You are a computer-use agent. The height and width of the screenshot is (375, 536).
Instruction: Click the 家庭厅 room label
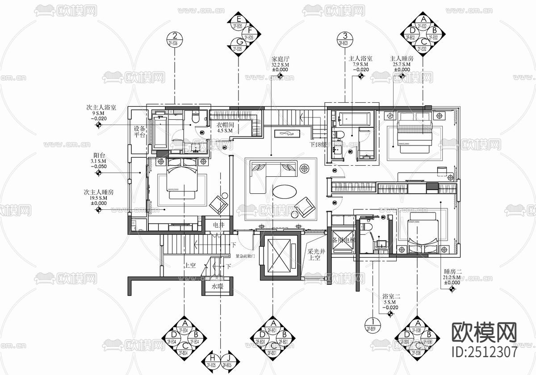pos(281,58)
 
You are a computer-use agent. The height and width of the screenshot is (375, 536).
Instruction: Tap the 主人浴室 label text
pos(360,58)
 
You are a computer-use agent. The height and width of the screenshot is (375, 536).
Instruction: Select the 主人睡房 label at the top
pos(402,58)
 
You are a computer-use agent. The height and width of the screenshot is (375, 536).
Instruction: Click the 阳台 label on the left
pos(99,155)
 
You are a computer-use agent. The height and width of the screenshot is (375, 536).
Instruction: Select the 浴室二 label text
pos(391,296)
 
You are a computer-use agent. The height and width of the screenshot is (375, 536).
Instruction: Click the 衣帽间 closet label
pos(226,125)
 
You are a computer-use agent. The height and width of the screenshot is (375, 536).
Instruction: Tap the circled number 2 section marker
pos(174,37)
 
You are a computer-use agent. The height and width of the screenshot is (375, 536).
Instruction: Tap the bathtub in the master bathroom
pos(354,119)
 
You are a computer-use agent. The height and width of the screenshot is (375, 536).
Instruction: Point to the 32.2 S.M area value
pos(281,64)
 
